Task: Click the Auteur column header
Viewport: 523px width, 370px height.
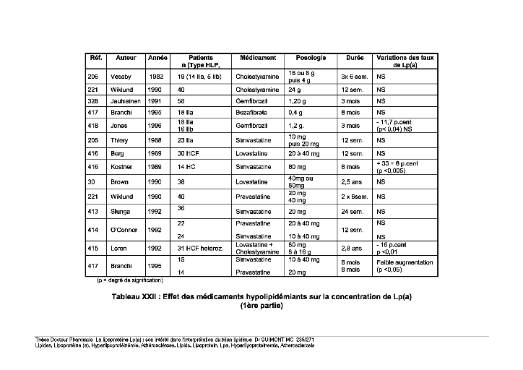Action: click(x=126, y=57)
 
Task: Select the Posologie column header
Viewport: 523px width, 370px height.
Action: click(x=311, y=57)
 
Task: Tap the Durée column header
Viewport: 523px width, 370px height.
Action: click(x=355, y=57)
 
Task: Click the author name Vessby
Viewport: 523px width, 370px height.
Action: click(x=120, y=76)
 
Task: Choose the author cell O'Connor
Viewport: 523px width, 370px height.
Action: click(x=124, y=229)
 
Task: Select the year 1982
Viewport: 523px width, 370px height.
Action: click(x=156, y=76)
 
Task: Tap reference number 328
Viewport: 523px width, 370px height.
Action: click(x=93, y=102)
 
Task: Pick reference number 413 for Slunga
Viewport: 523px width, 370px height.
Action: click(x=93, y=212)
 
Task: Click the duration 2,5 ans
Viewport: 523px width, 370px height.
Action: click(x=352, y=181)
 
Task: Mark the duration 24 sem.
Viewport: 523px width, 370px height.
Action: click(x=353, y=212)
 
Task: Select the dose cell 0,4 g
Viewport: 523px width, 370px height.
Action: click(x=295, y=113)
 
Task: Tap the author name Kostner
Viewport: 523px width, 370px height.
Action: click(x=121, y=166)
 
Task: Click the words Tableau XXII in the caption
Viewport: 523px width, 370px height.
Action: click(x=139, y=297)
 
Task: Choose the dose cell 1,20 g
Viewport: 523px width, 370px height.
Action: click(x=298, y=102)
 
